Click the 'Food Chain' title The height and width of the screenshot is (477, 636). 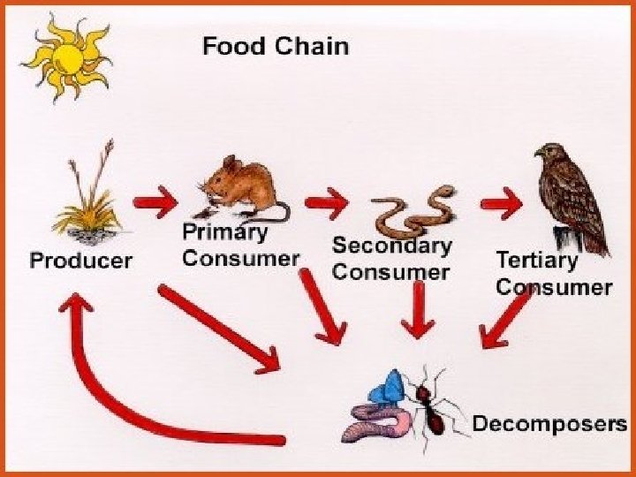point(276,46)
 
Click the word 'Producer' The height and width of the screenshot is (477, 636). point(80,261)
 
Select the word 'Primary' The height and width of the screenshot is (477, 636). point(224,233)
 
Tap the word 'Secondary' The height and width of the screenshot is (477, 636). point(391,246)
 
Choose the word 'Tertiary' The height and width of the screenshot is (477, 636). point(536,261)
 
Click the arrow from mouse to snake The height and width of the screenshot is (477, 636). point(327,203)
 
